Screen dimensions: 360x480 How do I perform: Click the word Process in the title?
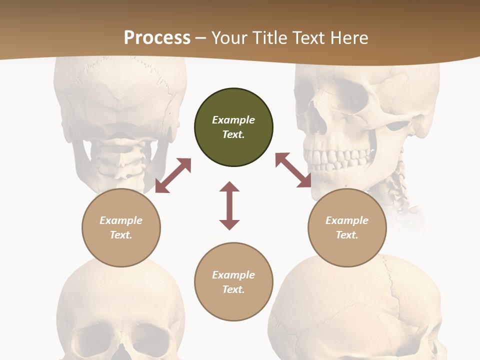157,37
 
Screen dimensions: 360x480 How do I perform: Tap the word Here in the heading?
349,37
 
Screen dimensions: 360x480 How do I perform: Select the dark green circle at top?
233,127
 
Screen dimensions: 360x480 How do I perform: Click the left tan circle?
121,227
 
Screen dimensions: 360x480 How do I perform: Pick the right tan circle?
347,227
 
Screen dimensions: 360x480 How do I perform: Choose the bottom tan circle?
233,281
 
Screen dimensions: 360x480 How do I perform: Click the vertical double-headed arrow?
229,205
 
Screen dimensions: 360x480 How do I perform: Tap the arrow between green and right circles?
293,170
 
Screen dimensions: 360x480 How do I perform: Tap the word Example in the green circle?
233,120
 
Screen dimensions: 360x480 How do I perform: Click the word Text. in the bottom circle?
233,289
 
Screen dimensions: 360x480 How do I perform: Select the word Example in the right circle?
347,220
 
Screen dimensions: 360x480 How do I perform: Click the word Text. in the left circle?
121,235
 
